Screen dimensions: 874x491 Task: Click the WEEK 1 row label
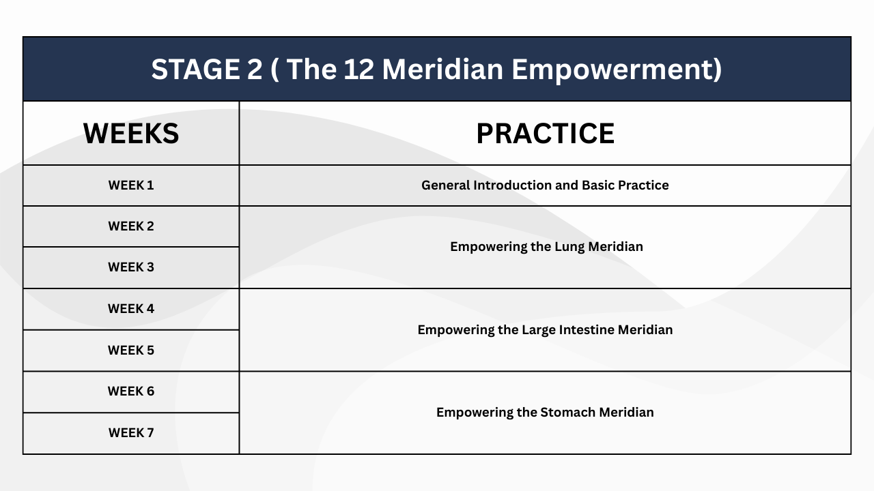click(x=131, y=185)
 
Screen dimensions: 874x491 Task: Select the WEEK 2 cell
click(x=131, y=226)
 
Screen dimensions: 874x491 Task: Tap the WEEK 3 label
click(x=131, y=267)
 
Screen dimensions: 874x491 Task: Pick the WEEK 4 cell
click(x=131, y=309)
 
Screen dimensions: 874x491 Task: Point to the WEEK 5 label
click(x=131, y=350)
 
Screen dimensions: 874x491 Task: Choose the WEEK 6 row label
click(x=131, y=391)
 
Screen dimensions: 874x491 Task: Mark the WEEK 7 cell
click(x=131, y=432)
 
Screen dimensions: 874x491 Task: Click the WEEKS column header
click(x=131, y=133)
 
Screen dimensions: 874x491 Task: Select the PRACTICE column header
click(x=546, y=133)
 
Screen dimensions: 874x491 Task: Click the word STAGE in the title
click(x=195, y=70)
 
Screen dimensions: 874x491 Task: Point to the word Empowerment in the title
click(x=617, y=70)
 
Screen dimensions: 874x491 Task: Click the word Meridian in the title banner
click(x=442, y=70)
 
